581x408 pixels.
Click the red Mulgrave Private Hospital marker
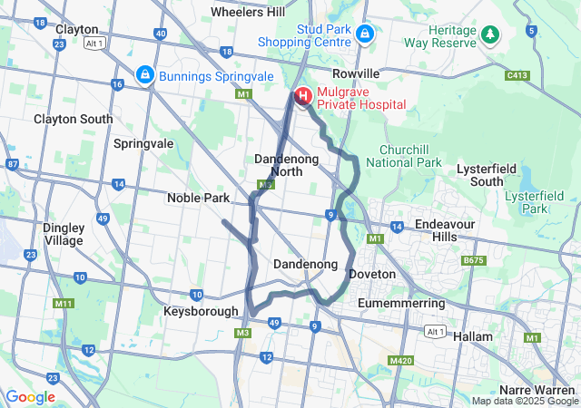302,95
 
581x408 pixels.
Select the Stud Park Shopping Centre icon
364,34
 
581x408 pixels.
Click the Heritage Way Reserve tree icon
491,34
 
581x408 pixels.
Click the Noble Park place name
198,198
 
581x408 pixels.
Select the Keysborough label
201,311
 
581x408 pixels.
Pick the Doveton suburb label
373,274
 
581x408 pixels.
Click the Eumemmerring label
400,301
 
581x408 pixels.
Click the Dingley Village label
63,234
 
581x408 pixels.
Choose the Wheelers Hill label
247,12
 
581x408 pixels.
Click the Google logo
30,396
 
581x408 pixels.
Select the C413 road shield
518,75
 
